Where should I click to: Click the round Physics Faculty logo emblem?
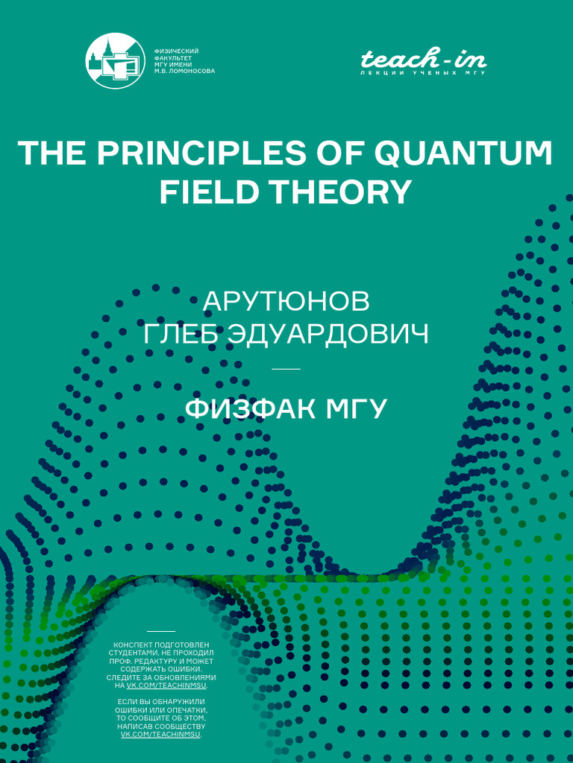point(115,61)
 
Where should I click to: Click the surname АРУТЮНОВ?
point(286,302)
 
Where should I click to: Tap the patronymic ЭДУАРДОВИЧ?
point(334,334)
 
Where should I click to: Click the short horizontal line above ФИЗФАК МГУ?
point(286,369)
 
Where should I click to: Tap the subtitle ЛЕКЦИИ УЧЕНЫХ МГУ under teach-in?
point(423,74)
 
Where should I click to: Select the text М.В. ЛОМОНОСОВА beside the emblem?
point(184,72)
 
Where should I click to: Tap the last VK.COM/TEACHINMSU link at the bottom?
point(160,734)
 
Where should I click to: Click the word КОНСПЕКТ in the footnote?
point(133,644)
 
